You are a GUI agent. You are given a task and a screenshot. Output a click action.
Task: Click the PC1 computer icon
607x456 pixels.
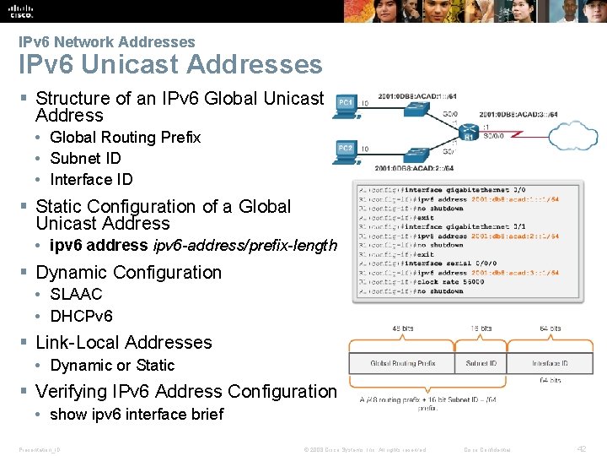pyautogui.click(x=346, y=102)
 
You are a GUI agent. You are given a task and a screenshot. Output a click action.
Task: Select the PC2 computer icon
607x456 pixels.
pyautogui.click(x=346, y=150)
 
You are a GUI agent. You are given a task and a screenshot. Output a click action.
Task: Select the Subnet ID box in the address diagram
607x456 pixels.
pyautogui.click(x=481, y=363)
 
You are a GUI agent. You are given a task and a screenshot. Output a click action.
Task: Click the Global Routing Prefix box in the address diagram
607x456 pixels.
pyautogui.click(x=402, y=363)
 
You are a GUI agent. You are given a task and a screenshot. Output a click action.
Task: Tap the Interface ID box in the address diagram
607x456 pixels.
pyautogui.click(x=550, y=363)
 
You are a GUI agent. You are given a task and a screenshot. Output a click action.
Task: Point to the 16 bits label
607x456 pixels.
pyautogui.click(x=481, y=328)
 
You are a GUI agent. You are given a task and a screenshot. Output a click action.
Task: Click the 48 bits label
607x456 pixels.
pyautogui.click(x=402, y=328)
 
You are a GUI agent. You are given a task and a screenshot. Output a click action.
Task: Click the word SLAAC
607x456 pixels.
pyautogui.click(x=76, y=294)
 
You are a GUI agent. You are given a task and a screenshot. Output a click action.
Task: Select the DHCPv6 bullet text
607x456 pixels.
pyautogui.click(x=81, y=317)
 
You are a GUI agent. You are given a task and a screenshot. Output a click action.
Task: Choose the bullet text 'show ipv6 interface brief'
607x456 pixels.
pyautogui.click(x=137, y=414)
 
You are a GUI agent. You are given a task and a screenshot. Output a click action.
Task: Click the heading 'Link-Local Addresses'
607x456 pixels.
pyautogui.click(x=124, y=342)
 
